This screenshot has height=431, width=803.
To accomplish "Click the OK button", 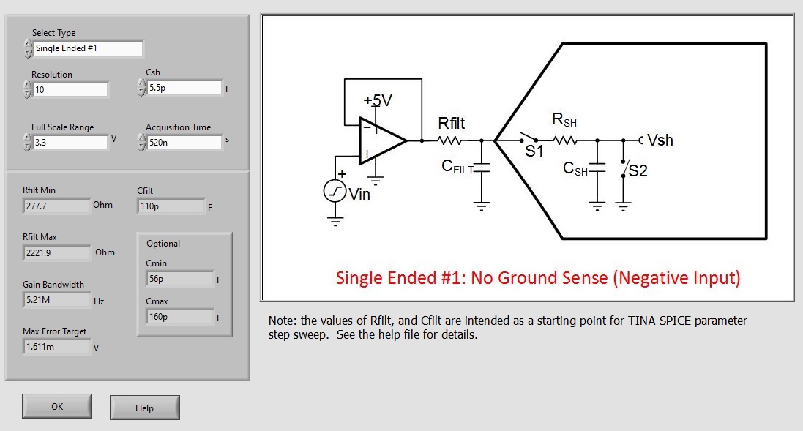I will [x=57, y=406].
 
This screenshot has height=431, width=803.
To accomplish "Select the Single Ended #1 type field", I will [x=89, y=48].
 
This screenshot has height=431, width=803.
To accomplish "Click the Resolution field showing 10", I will [x=70, y=90].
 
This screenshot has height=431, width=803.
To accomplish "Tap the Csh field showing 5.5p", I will [x=184, y=88].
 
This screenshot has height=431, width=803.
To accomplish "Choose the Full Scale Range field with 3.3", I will [x=70, y=142].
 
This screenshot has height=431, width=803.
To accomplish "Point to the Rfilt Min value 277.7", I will [x=57, y=206].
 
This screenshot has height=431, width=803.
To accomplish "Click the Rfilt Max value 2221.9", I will [x=57, y=253].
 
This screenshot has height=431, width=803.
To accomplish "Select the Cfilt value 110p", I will [x=171, y=206].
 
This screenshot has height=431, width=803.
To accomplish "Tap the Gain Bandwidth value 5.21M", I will [x=57, y=300].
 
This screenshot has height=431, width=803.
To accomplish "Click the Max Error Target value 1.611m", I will [x=57, y=347].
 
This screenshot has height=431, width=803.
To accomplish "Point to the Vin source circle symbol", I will [x=335, y=192].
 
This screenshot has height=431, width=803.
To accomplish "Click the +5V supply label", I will [x=378, y=101].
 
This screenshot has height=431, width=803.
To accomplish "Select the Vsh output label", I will [x=660, y=140].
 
